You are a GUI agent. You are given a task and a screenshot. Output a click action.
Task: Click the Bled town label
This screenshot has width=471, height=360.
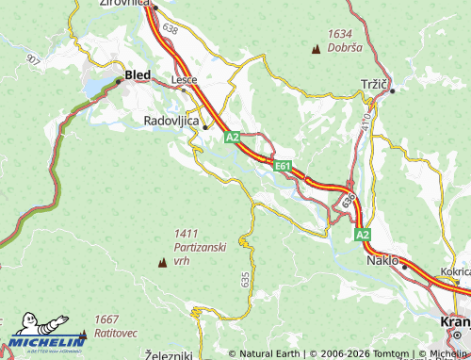(x=138, y=74)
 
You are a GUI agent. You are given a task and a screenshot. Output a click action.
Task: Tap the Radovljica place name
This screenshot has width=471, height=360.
(x=171, y=121)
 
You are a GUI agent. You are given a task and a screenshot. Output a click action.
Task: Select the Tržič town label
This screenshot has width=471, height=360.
(x=375, y=84)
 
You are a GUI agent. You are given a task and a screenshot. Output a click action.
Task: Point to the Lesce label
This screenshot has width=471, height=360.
(x=184, y=80)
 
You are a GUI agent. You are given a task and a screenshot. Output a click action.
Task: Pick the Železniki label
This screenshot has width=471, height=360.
(x=170, y=354)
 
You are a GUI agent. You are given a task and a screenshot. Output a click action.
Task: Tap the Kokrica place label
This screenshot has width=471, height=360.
(x=455, y=270)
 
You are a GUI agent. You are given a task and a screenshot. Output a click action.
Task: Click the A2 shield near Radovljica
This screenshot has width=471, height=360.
(x=233, y=138)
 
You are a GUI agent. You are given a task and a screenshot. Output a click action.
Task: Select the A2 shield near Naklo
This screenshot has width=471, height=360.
(x=363, y=234)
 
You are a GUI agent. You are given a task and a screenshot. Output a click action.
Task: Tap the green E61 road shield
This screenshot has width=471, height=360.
(x=283, y=166)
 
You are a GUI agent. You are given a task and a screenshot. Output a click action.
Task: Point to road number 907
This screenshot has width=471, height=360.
(x=34, y=59)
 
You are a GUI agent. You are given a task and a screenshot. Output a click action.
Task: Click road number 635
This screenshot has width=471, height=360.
(x=245, y=279)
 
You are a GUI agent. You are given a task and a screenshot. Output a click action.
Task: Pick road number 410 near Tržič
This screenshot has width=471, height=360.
(x=365, y=122)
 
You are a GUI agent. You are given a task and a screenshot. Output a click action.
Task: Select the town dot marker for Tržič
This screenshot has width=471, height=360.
(x=393, y=90)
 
